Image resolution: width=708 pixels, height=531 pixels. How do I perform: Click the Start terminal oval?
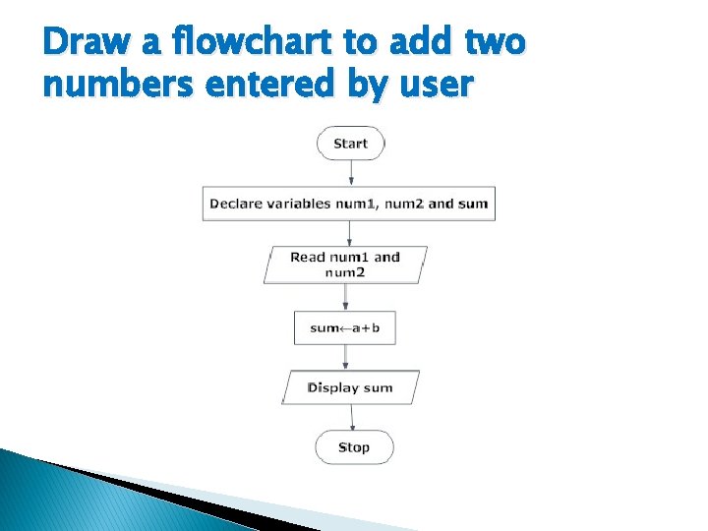[350, 144]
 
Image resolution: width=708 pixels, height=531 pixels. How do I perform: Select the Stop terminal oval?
[354, 447]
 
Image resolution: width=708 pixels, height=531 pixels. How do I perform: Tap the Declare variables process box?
[348, 204]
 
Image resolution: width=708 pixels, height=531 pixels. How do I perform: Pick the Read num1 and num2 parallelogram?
[345, 265]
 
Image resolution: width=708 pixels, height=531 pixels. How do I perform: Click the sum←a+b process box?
[344, 327]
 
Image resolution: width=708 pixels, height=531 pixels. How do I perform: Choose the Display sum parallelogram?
[350, 387]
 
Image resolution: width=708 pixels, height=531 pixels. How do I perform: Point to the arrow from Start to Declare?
[351, 173]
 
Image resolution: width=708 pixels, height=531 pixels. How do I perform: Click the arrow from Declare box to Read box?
[349, 233]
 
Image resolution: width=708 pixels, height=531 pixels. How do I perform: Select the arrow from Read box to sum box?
[346, 297]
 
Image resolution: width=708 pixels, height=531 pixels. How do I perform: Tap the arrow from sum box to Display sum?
[346, 357]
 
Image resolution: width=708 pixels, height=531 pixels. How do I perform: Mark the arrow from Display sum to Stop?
[352, 417]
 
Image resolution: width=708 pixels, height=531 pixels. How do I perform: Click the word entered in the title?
[259, 85]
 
